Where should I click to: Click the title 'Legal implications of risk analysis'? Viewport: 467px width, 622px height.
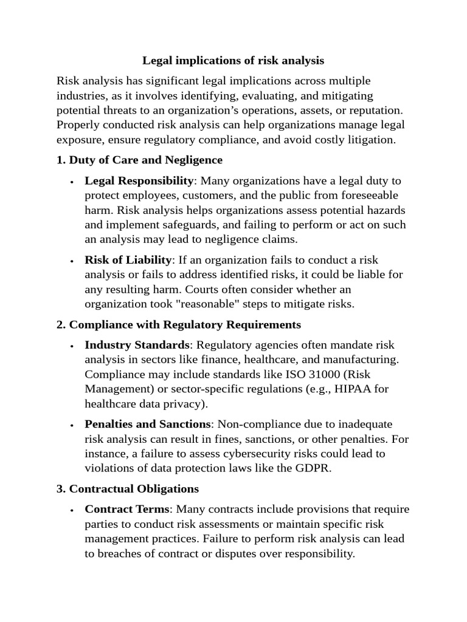pos(233,61)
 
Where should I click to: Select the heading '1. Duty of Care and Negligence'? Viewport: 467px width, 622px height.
pos(139,160)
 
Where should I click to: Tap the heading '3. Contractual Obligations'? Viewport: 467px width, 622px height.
pos(128,488)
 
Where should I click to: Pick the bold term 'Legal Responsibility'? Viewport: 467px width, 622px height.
pos(139,181)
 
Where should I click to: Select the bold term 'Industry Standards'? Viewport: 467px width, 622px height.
pos(137,345)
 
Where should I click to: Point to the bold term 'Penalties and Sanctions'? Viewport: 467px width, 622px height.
pos(147,424)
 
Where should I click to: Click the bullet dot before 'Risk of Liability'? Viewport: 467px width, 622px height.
pos(72,261)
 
